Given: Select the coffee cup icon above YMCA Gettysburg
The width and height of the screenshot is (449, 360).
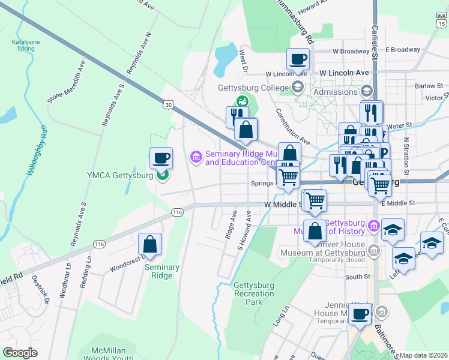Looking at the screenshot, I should click(161, 158).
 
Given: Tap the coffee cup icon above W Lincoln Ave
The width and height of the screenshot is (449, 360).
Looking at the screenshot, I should click(298, 59).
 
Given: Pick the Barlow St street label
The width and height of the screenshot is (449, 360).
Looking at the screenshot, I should click(428, 86).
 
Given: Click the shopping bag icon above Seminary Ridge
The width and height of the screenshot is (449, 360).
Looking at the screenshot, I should click(149, 244).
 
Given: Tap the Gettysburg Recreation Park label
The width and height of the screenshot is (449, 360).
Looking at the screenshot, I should click(255, 293).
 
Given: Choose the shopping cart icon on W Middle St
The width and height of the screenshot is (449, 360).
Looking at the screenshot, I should click(315, 201).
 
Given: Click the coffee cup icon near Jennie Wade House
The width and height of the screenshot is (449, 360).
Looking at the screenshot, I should click(360, 314).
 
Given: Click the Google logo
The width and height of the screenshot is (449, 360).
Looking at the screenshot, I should click(20, 353).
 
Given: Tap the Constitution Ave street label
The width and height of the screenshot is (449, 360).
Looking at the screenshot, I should click(292, 126).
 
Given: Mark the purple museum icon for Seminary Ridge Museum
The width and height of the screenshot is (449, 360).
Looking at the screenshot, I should click(195, 157).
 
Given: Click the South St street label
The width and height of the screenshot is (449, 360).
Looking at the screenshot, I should click(358, 277).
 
